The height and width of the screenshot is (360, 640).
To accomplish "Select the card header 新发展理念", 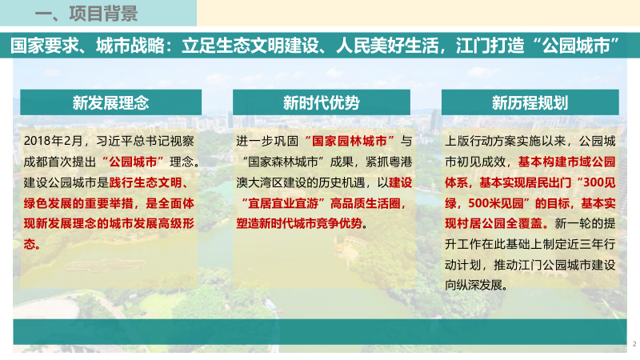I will point(110,102).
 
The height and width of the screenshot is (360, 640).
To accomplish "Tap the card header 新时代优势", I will point(321,102).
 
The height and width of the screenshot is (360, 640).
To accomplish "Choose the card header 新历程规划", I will point(530,102).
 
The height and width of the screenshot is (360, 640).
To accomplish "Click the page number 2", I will point(634,343).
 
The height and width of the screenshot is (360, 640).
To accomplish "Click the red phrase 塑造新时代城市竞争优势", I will point(301,223).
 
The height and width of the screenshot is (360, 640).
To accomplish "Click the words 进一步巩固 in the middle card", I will point(263,139).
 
